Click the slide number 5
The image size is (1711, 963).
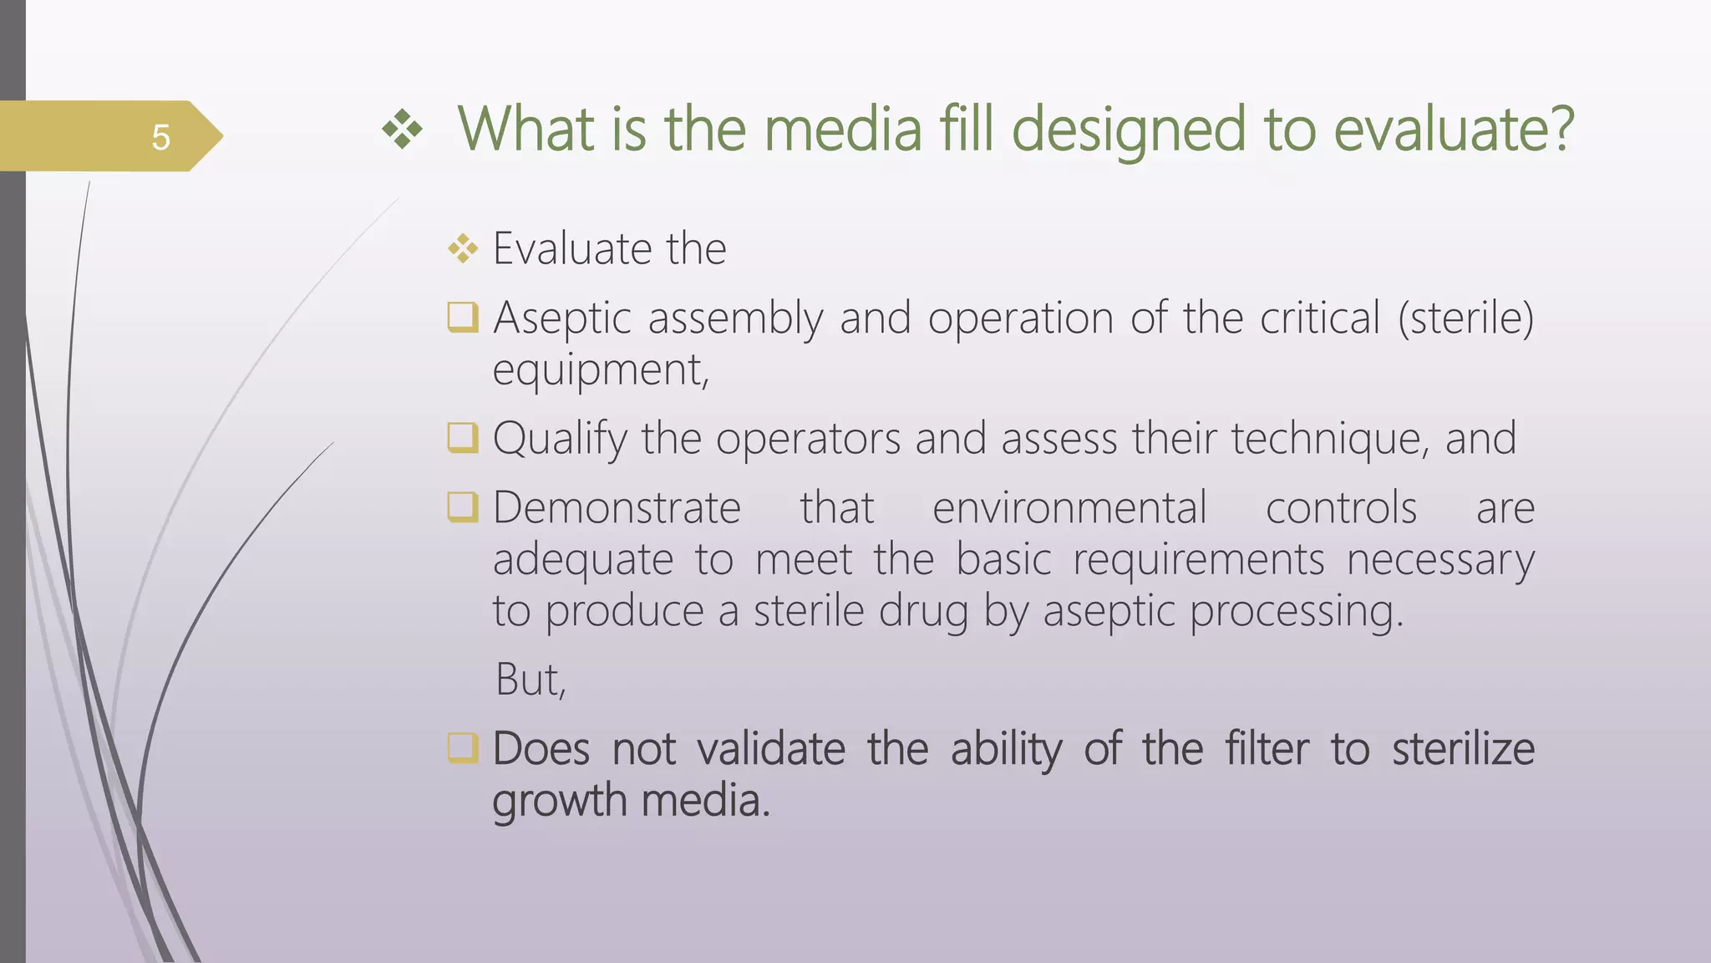(x=160, y=137)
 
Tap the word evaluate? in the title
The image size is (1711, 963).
(x=1453, y=130)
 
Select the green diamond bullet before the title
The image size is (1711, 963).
(x=403, y=130)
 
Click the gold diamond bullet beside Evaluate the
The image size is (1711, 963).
(x=463, y=249)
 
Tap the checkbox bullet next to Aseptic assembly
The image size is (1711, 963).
(x=463, y=318)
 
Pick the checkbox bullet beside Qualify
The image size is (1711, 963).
(x=463, y=438)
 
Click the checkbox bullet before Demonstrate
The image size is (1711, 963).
(x=463, y=507)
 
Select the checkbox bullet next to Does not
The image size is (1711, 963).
(x=463, y=748)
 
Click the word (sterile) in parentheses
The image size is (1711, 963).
(x=1465, y=318)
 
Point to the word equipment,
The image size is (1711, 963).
(x=601, y=370)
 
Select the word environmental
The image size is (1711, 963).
(x=1069, y=508)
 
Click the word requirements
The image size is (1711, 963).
(x=1198, y=560)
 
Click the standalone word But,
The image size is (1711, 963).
(x=531, y=680)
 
